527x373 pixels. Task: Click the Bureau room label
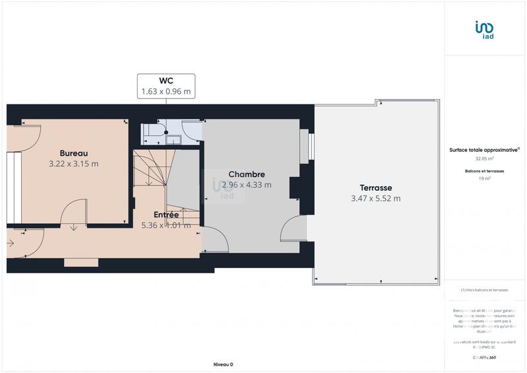pos(74,153)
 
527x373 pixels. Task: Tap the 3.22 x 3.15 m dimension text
pos(74,164)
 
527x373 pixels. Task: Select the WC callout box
pos(166,86)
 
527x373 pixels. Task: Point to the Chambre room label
pos(247,174)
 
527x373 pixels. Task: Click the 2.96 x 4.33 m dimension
pos(247,185)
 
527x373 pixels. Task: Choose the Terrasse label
pos(376,187)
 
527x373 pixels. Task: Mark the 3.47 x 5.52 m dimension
pos(376,198)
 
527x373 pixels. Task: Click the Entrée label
pos(166,215)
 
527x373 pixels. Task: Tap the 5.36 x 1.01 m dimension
pos(166,225)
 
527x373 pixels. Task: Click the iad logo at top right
pos(485,30)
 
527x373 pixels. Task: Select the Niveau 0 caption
pos(223,364)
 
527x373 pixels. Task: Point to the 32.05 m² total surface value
pos(485,158)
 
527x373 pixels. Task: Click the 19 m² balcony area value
pos(485,178)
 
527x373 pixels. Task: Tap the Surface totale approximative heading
pos(484,150)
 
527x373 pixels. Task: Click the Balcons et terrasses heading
pos(485,171)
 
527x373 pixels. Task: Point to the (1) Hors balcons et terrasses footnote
pos(485,290)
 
